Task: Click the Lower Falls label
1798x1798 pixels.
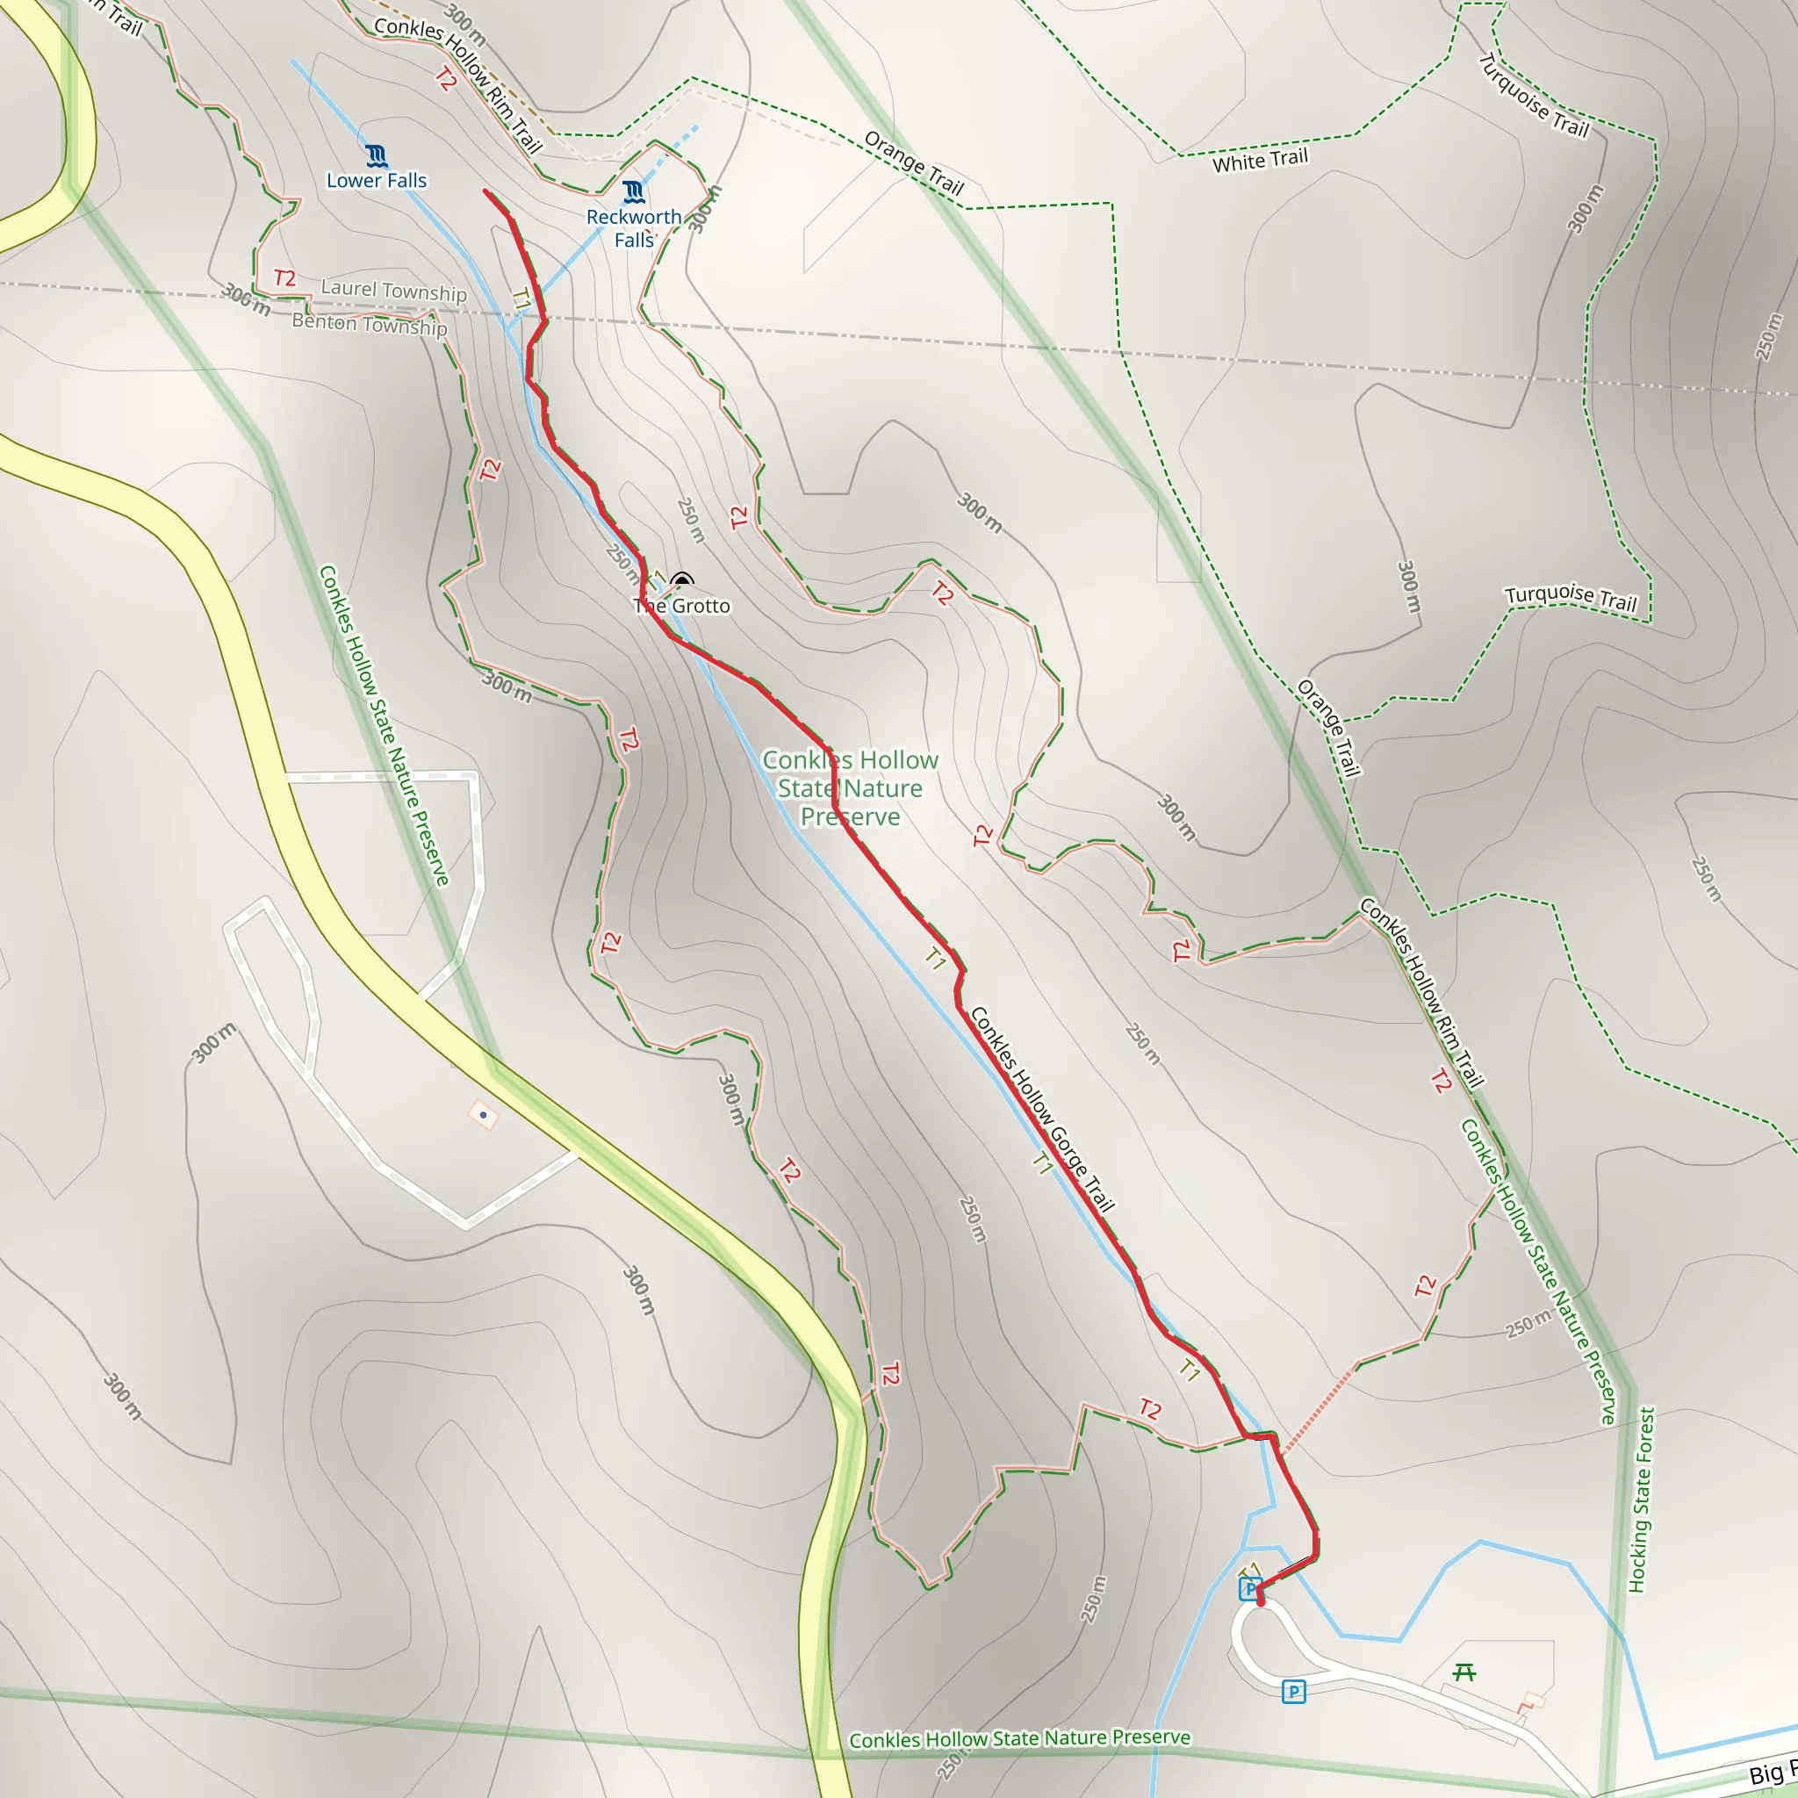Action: [376, 181]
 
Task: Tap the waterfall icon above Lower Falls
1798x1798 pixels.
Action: [376, 155]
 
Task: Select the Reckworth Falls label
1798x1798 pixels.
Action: [634, 228]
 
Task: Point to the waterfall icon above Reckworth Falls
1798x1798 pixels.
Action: [634, 192]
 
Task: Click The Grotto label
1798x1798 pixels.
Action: [682, 606]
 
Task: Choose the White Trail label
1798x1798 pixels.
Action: [1259, 160]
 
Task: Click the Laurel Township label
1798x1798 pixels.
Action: [393, 291]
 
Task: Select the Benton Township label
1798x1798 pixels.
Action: [370, 324]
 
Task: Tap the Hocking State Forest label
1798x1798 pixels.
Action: [1642, 1500]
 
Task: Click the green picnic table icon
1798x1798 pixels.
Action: [1464, 1672]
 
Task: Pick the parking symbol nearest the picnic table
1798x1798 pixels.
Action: [1293, 1691]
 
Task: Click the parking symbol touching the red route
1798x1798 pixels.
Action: [1250, 1588]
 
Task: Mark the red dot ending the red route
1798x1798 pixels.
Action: [1260, 1602]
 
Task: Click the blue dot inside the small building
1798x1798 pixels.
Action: [483, 1115]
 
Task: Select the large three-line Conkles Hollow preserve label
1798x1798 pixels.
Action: [850, 788]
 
